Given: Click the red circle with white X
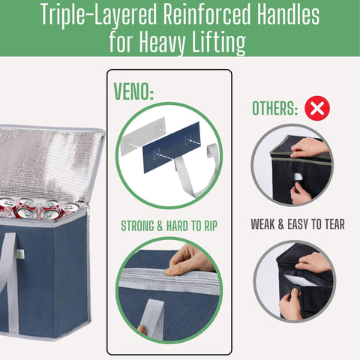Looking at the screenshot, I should (x=317, y=109).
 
